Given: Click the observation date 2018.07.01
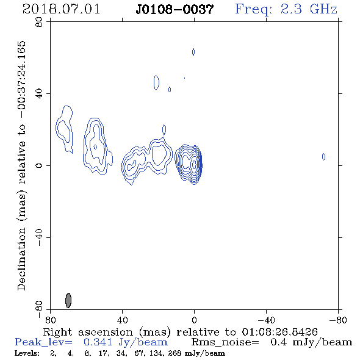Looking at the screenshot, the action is (61, 9).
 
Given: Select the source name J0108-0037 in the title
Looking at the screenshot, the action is (175, 9).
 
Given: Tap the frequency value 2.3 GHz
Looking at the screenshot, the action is (309, 9).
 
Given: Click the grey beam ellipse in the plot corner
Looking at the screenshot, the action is (68, 300).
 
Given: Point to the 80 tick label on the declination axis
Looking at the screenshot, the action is (39, 22).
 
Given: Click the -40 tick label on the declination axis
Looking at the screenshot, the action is (39, 237).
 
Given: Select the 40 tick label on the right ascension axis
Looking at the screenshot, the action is (123, 320).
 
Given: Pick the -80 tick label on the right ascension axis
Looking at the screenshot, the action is (337, 320).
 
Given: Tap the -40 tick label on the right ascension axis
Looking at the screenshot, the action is (266, 320).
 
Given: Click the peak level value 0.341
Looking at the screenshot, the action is (98, 342).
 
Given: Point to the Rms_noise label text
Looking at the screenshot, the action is (225, 342).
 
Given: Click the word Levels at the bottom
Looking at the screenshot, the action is (27, 353).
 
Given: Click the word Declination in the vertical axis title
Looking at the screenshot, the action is (21, 259).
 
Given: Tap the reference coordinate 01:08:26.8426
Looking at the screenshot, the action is (279, 332).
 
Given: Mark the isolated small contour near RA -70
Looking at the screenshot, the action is (323, 157).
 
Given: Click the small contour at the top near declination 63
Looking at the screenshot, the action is (193, 52).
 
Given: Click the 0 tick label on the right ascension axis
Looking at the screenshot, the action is (194, 320).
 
